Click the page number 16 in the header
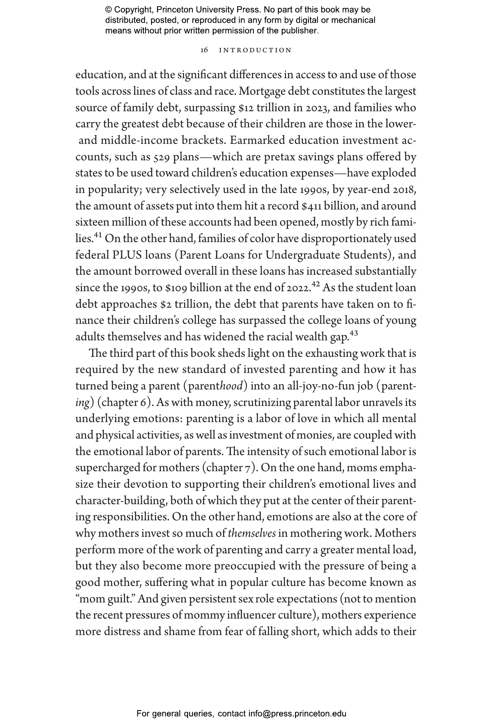coord(204,50)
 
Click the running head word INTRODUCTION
coord(255,50)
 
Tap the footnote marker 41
coord(98,236)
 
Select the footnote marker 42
coord(316,285)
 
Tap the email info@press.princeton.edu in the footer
coord(297,713)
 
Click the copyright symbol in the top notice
coord(109,10)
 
